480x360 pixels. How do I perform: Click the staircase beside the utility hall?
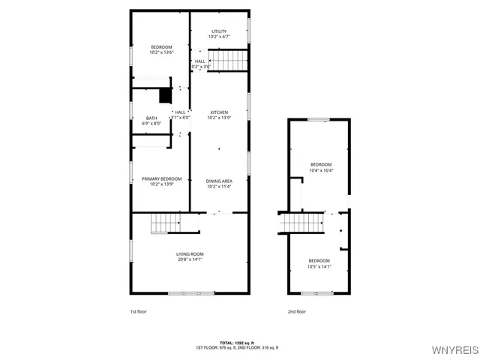(227, 59)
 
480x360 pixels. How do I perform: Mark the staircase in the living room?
(165, 223)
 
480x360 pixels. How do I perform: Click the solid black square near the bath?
(164, 95)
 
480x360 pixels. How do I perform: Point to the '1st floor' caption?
(139, 311)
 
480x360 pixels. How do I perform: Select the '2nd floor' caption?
(297, 311)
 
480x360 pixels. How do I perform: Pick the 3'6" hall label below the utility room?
(201, 64)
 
